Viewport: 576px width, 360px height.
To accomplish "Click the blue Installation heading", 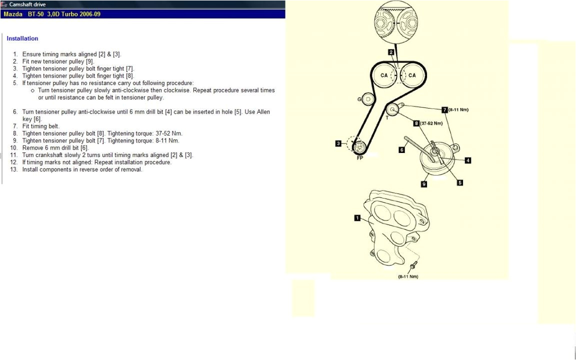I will tap(22, 38).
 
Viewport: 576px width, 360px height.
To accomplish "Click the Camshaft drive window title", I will tap(27, 4).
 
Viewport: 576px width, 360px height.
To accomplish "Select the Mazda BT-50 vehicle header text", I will tap(52, 14).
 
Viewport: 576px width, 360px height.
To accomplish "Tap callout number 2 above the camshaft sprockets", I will tap(391, 51).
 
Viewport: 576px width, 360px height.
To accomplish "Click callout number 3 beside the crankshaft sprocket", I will tap(338, 143).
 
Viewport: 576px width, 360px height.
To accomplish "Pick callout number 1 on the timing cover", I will tap(357, 217).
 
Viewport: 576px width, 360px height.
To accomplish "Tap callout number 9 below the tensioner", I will tap(424, 184).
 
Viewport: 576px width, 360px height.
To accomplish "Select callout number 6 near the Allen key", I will tap(401, 149).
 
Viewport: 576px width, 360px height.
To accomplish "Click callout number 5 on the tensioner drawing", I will tap(460, 182).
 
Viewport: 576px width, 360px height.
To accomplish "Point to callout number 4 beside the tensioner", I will tap(468, 160).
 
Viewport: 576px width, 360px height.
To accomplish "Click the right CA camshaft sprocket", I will tap(412, 75).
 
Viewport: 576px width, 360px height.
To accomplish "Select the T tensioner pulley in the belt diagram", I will tap(393, 108).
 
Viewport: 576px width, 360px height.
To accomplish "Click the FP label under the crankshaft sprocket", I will tap(359, 157).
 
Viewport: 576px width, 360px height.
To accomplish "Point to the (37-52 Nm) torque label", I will tap(431, 123).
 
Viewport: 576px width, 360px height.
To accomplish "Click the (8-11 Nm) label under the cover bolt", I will tap(408, 276).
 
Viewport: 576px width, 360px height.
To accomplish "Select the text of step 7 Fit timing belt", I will tap(41, 126).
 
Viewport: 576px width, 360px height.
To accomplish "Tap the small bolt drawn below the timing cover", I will tap(413, 266).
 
